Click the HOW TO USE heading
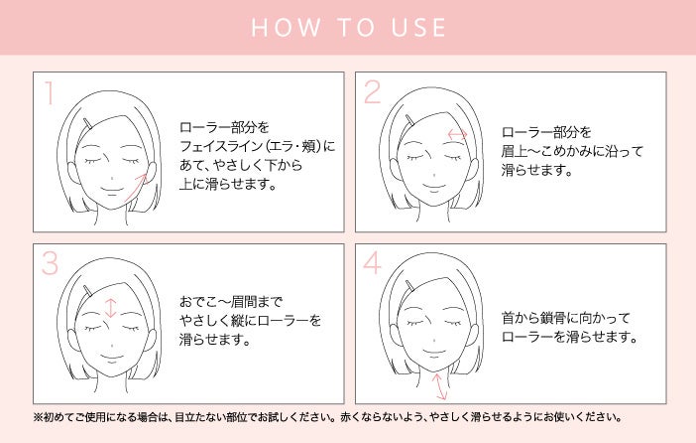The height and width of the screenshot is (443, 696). click(348, 27)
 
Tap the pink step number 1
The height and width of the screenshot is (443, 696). click(50, 93)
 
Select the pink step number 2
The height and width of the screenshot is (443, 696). click(373, 92)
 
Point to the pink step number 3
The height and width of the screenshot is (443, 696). click(50, 263)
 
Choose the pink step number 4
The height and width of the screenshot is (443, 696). click(372, 262)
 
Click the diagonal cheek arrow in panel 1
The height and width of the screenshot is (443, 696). click(136, 188)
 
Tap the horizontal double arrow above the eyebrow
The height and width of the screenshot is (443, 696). click(457, 134)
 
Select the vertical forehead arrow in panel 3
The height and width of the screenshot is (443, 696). click(110, 308)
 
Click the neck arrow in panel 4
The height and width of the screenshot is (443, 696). click(439, 386)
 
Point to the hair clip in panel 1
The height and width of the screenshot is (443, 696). click(88, 124)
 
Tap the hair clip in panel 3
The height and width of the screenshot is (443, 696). click(88, 290)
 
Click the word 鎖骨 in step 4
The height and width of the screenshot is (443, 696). click(554, 318)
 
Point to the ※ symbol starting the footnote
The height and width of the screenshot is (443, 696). click(38, 417)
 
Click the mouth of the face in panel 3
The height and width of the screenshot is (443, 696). click(111, 357)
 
